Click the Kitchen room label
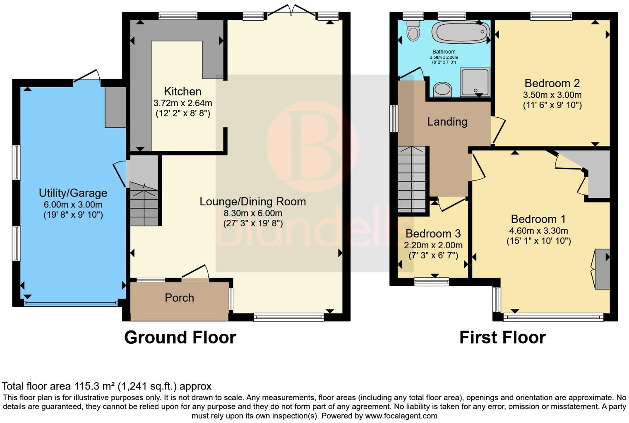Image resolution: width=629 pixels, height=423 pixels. (x=182, y=92)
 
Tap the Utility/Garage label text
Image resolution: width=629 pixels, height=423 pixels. (x=73, y=193)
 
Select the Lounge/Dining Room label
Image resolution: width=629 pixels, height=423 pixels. (x=252, y=202)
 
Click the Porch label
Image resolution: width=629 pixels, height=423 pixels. (x=179, y=298)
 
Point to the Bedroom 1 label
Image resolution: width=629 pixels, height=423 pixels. (x=538, y=219)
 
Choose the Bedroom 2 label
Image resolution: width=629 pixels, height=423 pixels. (x=552, y=83)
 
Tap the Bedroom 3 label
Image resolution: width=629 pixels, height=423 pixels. (x=433, y=234)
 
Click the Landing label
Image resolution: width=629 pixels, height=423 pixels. (x=447, y=122)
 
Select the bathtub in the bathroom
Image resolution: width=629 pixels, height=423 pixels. (x=460, y=32)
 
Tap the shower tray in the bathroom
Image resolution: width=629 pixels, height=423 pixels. (x=475, y=82)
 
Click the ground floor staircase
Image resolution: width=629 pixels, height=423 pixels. (x=144, y=204)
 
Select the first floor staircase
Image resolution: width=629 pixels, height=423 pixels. (x=412, y=180)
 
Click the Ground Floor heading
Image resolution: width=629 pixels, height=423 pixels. (x=180, y=337)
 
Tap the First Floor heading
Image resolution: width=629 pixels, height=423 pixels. (x=502, y=337)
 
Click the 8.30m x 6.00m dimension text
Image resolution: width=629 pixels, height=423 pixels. (x=252, y=213)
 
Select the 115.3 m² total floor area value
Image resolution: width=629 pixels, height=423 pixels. (x=95, y=387)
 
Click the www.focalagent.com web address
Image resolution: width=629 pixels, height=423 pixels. (x=401, y=416)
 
